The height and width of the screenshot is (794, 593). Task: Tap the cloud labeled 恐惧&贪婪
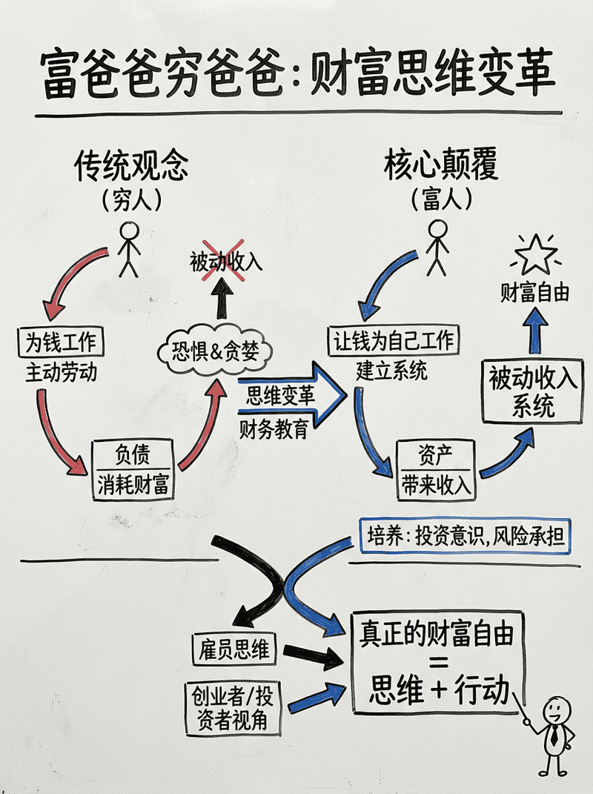coord(216,349)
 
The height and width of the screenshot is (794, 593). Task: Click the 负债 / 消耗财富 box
coord(133,469)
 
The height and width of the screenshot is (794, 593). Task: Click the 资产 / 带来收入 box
coord(436,469)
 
